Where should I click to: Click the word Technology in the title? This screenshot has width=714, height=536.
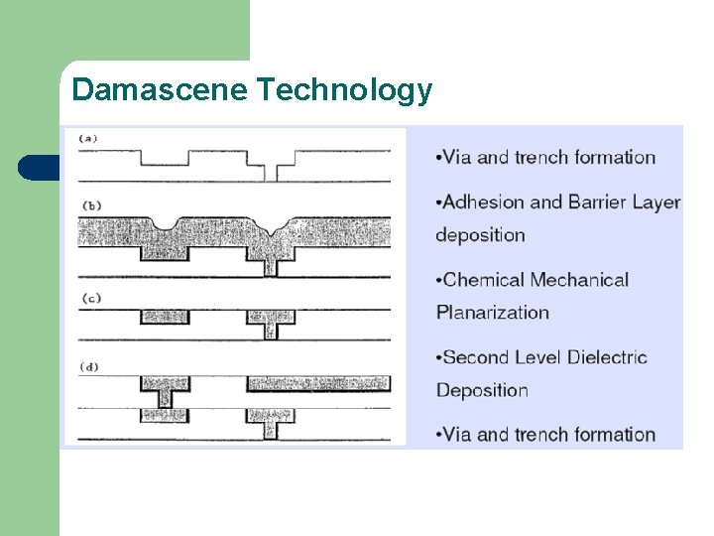pos(344,91)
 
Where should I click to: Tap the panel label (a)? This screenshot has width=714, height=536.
pos(88,138)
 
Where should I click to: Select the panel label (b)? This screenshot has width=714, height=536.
pos(89,205)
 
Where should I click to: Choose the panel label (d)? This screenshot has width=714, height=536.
pos(89,366)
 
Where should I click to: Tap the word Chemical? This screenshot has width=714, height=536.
pos(484,280)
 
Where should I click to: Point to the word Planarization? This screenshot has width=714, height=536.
pos(493,312)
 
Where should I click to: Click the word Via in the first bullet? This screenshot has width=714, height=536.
pos(457,157)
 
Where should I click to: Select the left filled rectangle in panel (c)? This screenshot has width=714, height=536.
pos(165,317)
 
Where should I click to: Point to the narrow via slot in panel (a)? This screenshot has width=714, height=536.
pos(271,172)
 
